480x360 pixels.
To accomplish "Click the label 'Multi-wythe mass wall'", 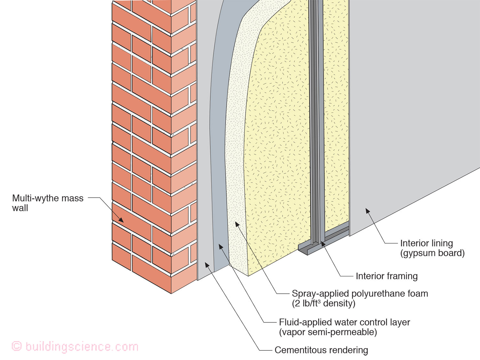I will point(48,203).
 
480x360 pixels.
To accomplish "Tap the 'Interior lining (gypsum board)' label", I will point(432,248).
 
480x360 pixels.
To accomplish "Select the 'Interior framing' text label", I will point(387,276).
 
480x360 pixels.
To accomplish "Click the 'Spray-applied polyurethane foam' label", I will point(360,293).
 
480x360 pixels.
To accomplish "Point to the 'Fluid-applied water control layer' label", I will point(344,322).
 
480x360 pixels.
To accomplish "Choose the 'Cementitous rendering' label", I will point(321,350).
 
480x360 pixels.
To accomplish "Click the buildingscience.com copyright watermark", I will point(75,347).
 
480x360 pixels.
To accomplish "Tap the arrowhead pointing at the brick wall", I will point(121,220).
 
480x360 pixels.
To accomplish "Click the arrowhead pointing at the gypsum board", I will point(368,211).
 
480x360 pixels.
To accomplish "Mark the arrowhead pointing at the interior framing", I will point(323,244).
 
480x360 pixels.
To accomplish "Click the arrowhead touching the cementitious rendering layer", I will point(207,265).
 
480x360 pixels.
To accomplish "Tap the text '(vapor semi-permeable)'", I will point(328,332).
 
